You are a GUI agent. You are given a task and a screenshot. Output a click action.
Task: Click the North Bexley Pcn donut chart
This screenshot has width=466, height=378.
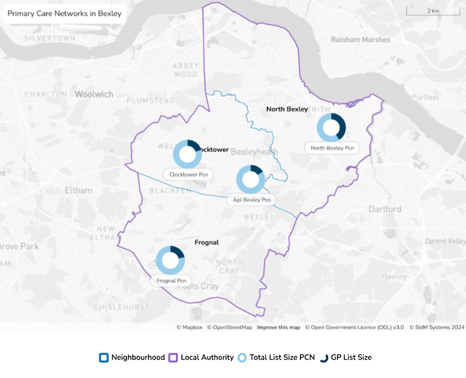pos(331,128)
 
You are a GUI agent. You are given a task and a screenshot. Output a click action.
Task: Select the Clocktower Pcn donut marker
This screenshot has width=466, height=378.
pos(187,154)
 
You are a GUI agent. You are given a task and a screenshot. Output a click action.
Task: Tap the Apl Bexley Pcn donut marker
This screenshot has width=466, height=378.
pos(251,180)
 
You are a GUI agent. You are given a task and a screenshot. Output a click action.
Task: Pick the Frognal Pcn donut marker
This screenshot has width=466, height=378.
pos(170,260)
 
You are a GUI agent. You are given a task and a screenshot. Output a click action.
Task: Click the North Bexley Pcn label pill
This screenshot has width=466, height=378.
pos(332,148)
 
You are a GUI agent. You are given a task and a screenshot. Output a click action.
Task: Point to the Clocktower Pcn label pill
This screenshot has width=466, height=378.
pos(188,175)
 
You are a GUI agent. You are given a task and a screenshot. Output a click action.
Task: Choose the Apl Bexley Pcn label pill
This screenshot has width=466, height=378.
pos(252,200)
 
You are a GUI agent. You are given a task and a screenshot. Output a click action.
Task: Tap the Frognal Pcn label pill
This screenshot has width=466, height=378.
pos(171,281)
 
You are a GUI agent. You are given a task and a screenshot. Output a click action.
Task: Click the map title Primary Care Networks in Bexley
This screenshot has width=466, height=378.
pos(65,14)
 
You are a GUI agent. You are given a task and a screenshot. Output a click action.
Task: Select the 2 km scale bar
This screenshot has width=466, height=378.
pos(433,11)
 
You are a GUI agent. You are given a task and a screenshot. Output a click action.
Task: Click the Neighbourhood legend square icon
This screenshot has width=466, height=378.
pos(104,358)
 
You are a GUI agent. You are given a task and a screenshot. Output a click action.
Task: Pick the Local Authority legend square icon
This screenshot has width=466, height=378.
pos(173,358)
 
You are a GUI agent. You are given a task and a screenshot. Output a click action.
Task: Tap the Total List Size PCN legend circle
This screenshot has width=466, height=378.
pos(242,358)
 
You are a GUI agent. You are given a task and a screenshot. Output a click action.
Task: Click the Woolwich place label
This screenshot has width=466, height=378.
pos(94,94)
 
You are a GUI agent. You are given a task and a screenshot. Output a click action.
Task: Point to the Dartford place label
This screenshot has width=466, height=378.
pos(385,209)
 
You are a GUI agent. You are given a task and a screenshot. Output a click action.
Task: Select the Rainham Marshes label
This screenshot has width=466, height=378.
pos(360,40)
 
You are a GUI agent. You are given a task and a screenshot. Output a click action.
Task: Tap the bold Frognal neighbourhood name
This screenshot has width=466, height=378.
pos(207,242)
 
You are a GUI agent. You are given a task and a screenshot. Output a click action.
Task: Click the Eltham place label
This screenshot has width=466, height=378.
pos(79,190)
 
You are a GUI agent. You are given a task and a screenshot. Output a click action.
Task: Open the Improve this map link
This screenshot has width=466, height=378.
pos(278,327)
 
